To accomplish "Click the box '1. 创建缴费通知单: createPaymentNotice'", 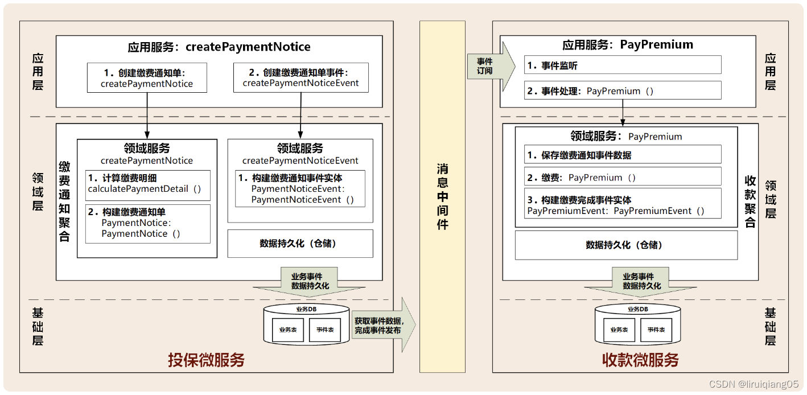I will [147, 77].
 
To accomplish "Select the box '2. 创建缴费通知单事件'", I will [300, 77].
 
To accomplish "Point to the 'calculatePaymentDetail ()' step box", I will [147, 184].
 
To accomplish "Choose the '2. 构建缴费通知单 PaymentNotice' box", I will [147, 223].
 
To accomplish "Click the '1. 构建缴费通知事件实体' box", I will [300, 189].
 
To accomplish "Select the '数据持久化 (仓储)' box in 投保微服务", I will [300, 244].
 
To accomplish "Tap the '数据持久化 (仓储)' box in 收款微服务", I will [625, 245].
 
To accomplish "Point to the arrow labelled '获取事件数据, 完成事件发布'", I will [382, 325].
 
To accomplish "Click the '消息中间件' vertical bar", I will [442, 197].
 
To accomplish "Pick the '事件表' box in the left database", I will [324, 330].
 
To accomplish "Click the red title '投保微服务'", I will [206, 360].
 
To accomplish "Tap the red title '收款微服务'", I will [640, 360].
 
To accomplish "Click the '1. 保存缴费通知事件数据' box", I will [623, 155].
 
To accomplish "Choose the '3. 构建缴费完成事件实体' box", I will [623, 205].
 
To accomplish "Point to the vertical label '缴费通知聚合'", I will [65, 201].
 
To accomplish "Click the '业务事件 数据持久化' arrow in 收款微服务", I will [641, 282].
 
